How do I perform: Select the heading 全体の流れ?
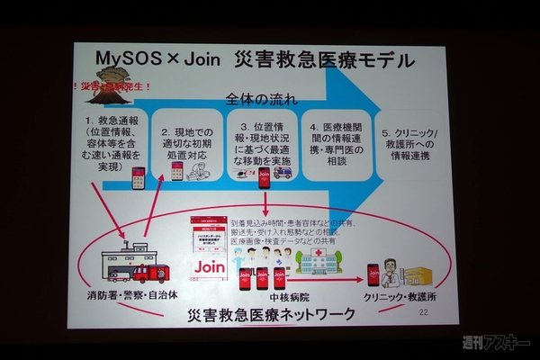click(261, 96)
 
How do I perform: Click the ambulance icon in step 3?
click(283, 171)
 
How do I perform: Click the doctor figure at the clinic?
click(389, 270)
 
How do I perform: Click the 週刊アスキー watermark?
click(494, 342)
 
